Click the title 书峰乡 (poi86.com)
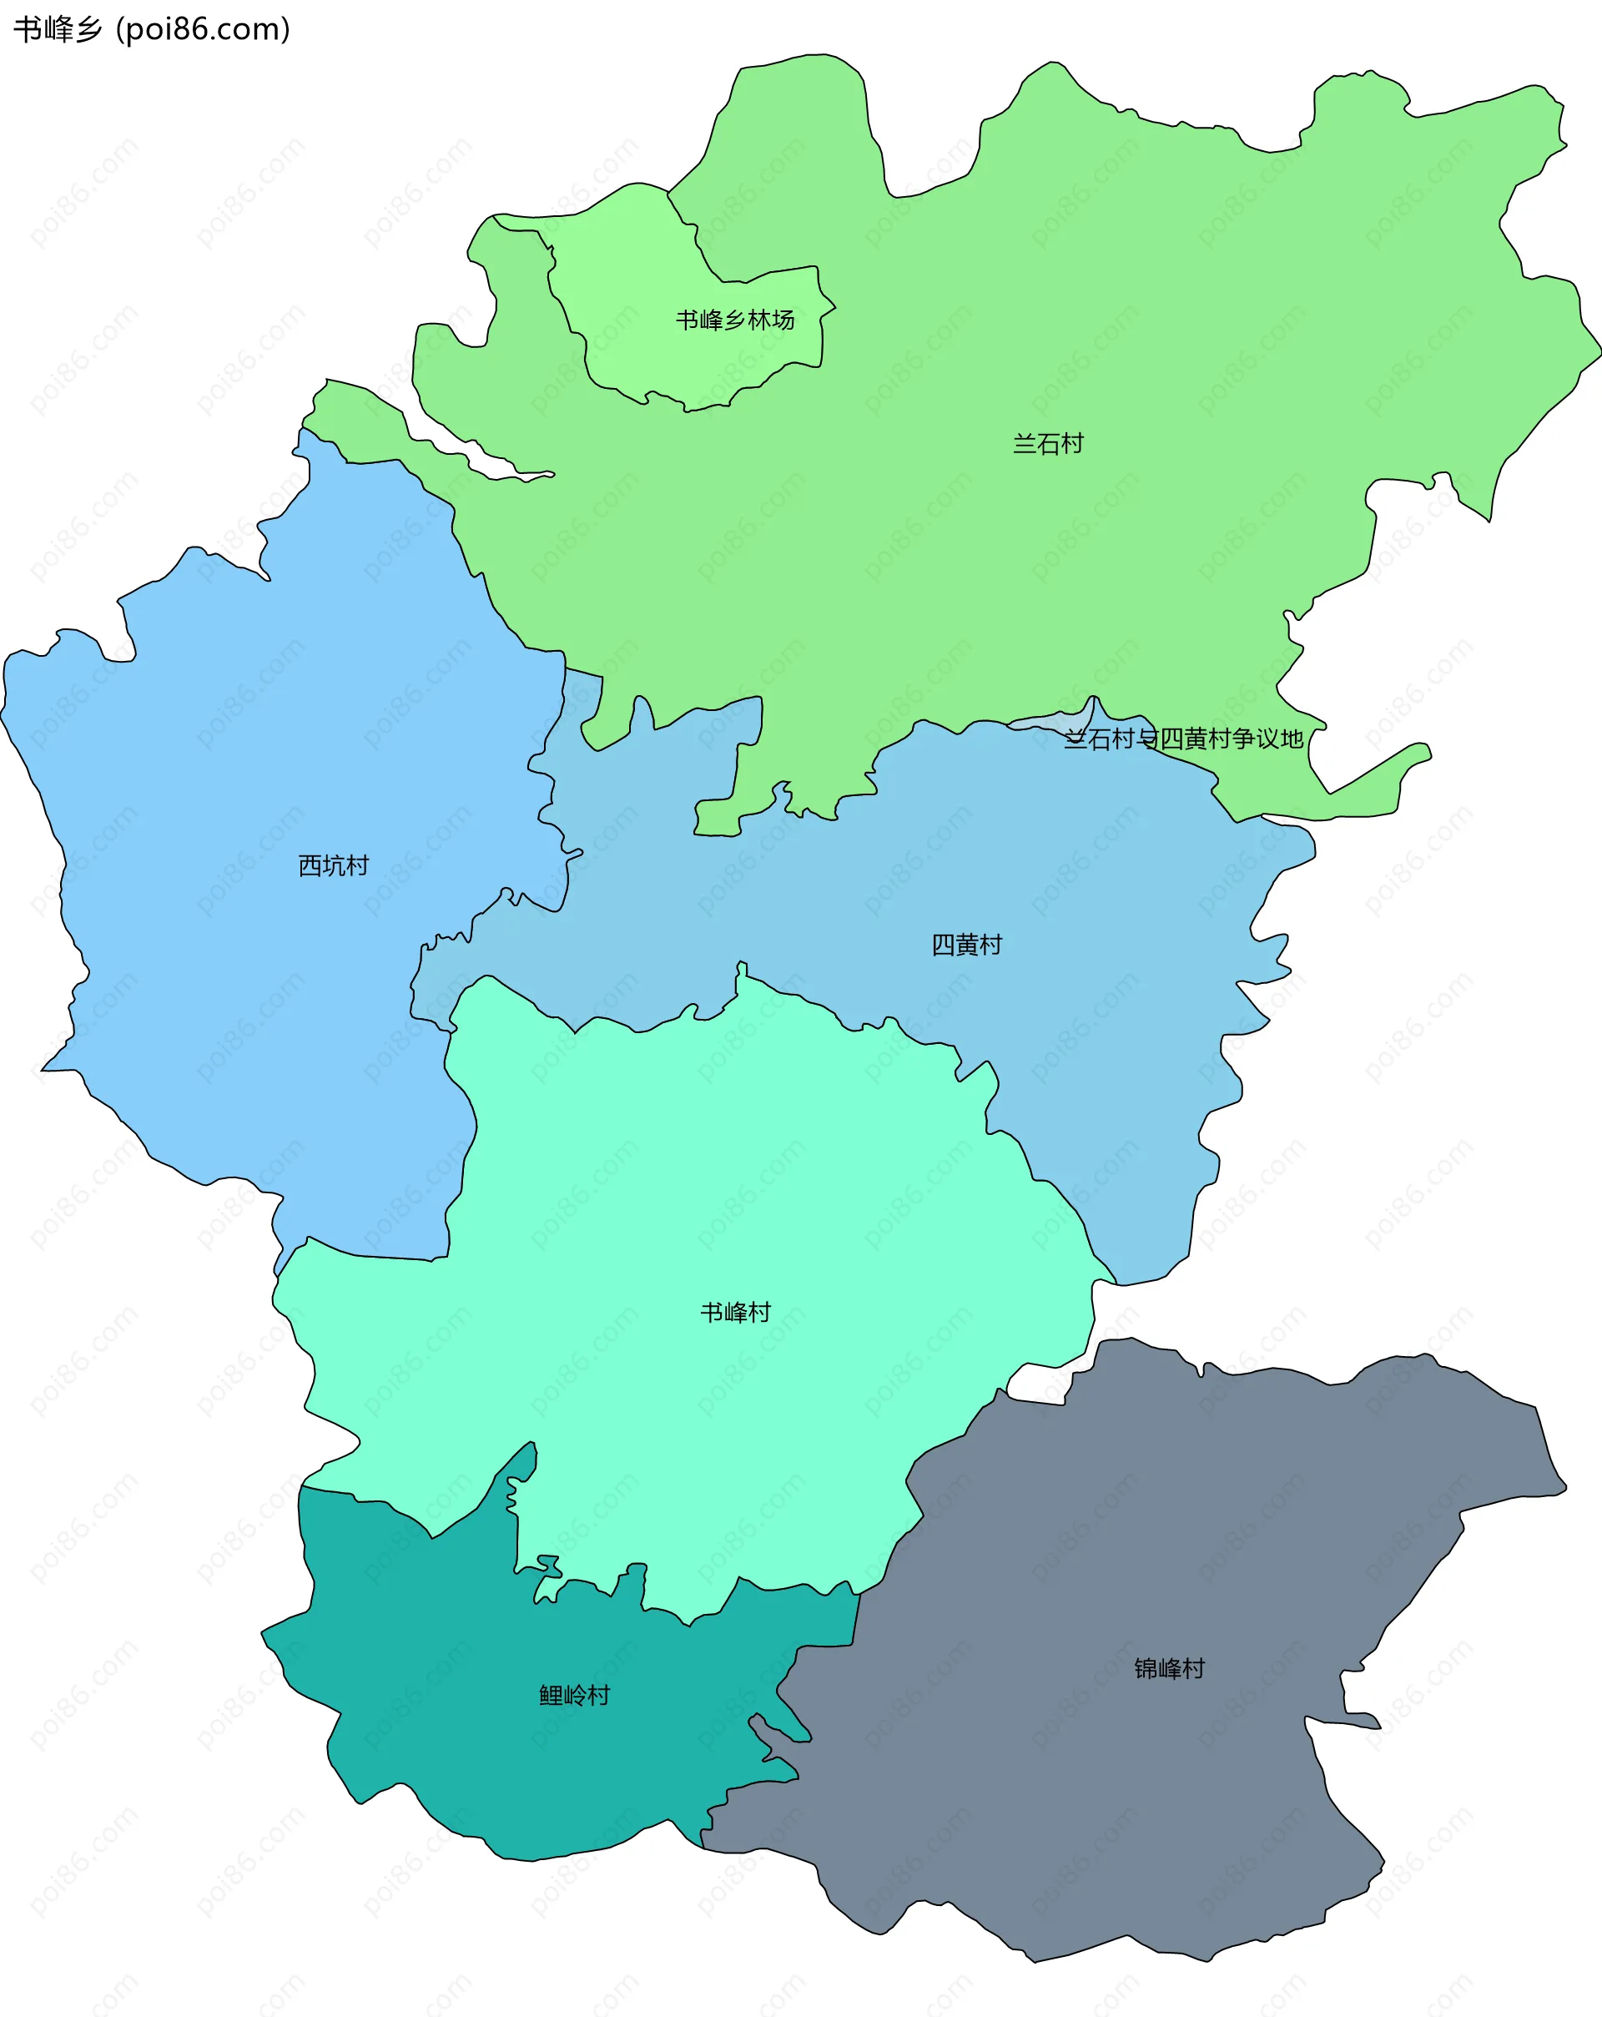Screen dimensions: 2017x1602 coord(152,30)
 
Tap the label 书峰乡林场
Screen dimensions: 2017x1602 coord(735,320)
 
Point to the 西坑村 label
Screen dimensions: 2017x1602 coord(333,865)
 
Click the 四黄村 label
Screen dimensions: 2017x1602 coord(966,945)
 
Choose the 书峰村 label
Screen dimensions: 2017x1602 coord(735,1313)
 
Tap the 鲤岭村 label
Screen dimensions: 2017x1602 coord(574,1695)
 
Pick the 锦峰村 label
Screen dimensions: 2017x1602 coord(1169,1668)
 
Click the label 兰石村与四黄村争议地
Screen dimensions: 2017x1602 coord(1183,739)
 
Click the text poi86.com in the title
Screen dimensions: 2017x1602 coord(204,30)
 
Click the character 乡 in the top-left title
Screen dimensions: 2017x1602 coord(88,30)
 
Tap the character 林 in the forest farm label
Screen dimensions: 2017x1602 coord(759,320)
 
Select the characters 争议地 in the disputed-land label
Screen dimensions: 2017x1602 coord(1267,739)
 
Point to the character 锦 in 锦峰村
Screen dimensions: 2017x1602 coord(1146,1668)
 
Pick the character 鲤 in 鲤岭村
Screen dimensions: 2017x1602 coord(551,1695)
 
